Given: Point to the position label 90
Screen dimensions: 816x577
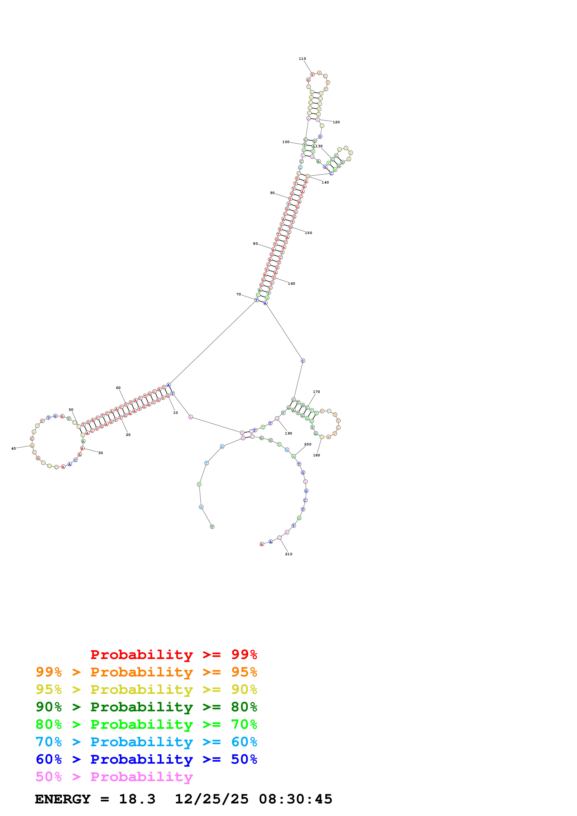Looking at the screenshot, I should tap(272, 193).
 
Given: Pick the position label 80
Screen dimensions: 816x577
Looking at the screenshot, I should tap(255, 244).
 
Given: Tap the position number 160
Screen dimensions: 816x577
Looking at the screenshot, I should tap(291, 284).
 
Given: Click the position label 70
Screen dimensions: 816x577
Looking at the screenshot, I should tap(239, 294).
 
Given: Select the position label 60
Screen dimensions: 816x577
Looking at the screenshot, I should tap(118, 388).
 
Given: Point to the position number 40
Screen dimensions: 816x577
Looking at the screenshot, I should tap(13, 448).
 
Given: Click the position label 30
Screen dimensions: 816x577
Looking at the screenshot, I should tap(101, 453).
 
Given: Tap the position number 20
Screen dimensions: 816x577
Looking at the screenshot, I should tap(128, 435).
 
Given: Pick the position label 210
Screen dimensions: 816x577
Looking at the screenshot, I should tap(288, 554).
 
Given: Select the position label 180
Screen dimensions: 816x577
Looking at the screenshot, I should tap(316, 455).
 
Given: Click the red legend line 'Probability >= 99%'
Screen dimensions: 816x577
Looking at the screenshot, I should tap(173, 655).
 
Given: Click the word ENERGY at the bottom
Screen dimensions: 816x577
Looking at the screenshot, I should tap(63, 799).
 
